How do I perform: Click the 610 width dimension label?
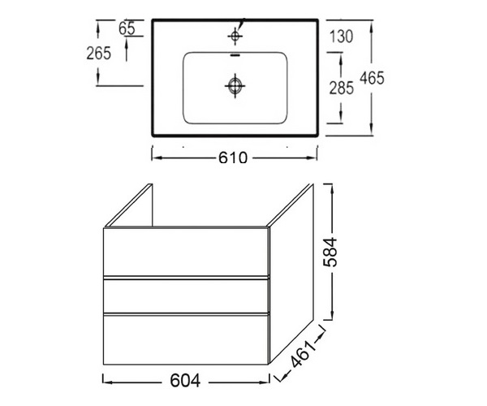point(233,158)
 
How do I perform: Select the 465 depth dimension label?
point(372,78)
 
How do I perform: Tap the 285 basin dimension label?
point(342,88)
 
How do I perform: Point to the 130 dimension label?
point(342,37)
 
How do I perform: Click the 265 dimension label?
point(98,53)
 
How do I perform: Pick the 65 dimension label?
point(127,29)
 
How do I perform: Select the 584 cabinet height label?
point(330,252)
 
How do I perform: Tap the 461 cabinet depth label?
point(304,353)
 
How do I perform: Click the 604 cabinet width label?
point(185,381)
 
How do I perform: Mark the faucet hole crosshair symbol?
point(235,36)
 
